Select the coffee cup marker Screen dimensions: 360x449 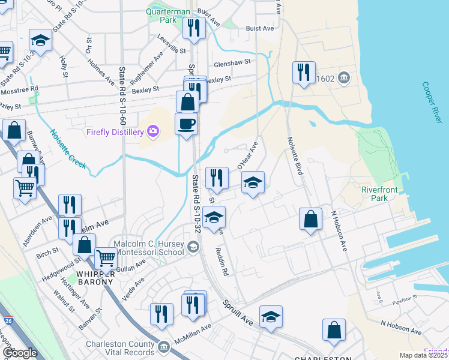186,124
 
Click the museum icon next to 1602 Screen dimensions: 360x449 343,78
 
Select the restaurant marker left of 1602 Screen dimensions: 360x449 303,73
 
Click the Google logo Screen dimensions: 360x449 19,353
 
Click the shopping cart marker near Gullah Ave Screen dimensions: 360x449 106,258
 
